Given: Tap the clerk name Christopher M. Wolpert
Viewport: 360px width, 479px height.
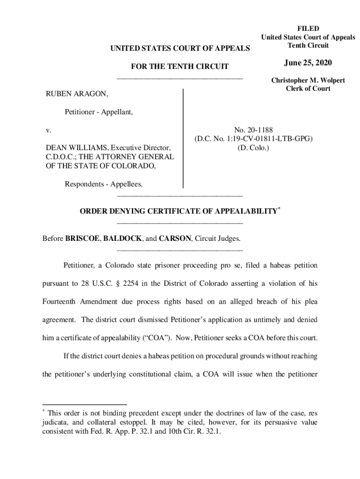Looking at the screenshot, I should (x=308, y=80).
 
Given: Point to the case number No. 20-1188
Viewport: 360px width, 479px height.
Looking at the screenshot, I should (x=253, y=130).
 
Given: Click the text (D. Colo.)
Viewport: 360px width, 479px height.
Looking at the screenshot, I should (x=253, y=148).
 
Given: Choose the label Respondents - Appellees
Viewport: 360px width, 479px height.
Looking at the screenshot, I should (x=103, y=184).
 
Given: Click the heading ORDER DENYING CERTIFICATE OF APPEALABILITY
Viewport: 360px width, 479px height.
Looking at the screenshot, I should (x=178, y=211).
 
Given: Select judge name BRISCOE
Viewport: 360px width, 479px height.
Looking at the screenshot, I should (x=82, y=239).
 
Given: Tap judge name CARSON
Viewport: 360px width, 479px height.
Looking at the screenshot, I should (x=174, y=239).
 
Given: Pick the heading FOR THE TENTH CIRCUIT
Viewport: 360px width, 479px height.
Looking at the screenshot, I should (x=180, y=67).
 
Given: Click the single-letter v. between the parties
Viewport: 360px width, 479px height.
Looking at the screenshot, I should (x=48, y=130).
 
